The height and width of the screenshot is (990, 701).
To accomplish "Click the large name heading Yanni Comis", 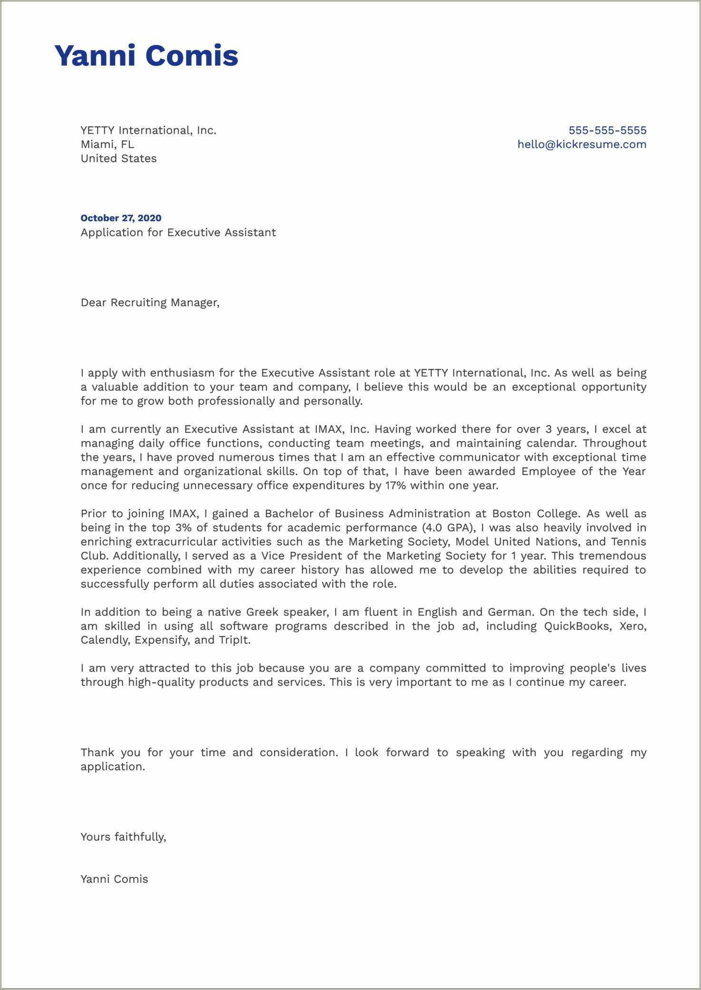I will point(146,56).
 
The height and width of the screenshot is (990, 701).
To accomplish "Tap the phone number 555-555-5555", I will point(607,130).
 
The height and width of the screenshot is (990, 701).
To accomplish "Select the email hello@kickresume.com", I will point(582,144).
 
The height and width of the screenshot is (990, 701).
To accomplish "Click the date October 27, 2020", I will point(121,218).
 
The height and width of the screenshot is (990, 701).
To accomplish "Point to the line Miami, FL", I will point(107,144).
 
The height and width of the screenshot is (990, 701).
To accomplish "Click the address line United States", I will point(118,159).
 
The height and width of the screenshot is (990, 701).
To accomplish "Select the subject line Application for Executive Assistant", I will point(178,232).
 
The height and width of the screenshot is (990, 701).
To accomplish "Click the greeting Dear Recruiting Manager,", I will point(150,303).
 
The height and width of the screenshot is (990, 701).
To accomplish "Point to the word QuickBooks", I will point(576,626).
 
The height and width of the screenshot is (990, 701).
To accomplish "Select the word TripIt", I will point(234,640).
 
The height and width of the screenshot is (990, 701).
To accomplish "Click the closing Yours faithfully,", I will point(123,837).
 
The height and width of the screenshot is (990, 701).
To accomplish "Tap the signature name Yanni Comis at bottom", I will point(114,879).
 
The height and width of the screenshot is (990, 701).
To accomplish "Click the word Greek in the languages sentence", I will point(262,612).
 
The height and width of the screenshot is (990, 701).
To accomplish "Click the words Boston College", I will point(535,514).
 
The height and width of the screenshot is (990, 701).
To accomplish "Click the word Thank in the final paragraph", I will point(97,753).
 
